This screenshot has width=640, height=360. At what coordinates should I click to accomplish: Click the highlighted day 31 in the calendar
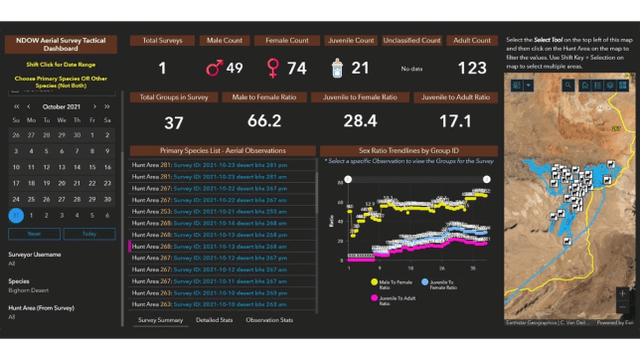pyautogui.click(x=15, y=215)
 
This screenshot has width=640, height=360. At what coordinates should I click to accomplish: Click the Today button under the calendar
pyautogui.click(x=88, y=234)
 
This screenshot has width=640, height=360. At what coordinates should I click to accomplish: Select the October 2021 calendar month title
pyautogui.click(x=62, y=105)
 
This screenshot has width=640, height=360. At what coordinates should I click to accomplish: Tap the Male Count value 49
pyautogui.click(x=235, y=68)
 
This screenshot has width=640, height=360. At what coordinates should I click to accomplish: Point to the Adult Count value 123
pyautogui.click(x=471, y=68)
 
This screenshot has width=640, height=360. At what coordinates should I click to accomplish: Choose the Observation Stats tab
pyautogui.click(x=269, y=320)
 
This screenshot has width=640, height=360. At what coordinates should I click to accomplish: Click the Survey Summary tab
pyautogui.click(x=160, y=320)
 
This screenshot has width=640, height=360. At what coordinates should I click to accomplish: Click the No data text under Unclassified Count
pyautogui.click(x=411, y=69)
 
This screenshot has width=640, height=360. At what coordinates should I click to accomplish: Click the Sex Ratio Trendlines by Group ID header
pyautogui.click(x=407, y=150)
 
